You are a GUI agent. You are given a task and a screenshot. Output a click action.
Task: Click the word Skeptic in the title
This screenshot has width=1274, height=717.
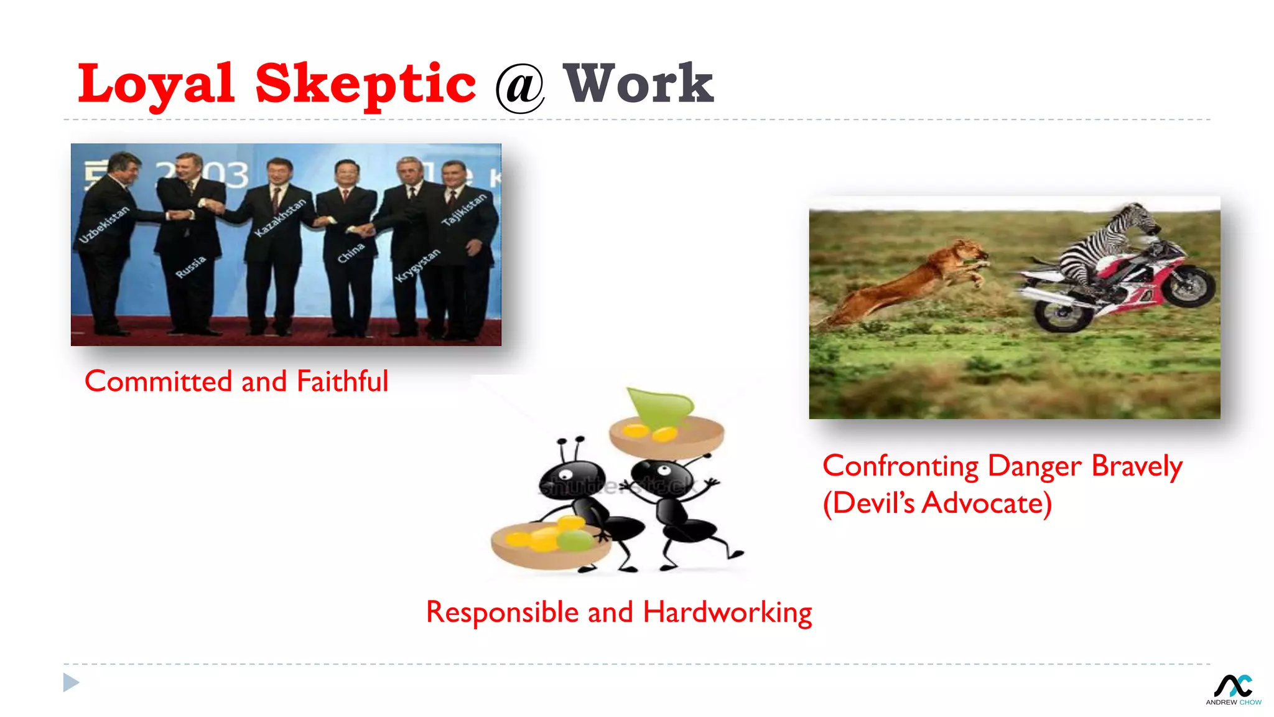[x=366, y=84]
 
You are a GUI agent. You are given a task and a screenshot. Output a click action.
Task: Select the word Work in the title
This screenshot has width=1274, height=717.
[x=638, y=84]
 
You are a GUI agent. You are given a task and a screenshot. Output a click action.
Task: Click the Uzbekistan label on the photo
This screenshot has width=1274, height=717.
[x=104, y=224]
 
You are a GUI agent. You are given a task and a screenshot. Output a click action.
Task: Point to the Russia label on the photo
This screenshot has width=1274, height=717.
[x=190, y=266]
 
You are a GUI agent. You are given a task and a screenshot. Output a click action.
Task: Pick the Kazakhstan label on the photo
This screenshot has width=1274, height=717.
[x=281, y=217]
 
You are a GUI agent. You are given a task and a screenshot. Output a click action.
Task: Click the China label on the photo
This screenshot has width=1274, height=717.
[x=351, y=253]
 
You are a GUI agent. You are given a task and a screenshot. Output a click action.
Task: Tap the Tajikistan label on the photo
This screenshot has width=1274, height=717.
[x=463, y=209]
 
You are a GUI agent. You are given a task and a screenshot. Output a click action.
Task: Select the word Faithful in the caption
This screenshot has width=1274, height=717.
[x=342, y=381]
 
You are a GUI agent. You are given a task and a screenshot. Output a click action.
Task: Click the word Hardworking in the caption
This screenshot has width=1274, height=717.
[x=727, y=612]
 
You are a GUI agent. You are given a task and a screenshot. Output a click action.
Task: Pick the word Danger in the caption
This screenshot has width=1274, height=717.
[x=1035, y=466]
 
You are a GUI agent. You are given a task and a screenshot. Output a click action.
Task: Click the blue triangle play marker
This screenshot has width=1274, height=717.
[x=71, y=683]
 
